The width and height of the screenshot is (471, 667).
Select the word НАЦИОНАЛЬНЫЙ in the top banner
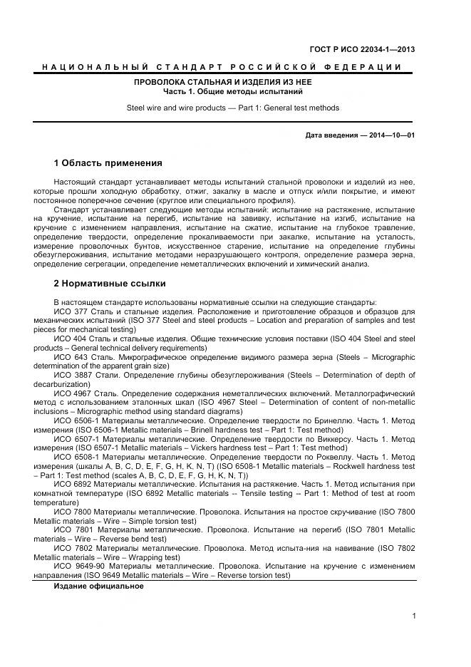click(95, 67)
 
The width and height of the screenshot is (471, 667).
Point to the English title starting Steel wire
click(233, 108)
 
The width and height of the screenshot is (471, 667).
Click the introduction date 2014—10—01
click(392, 135)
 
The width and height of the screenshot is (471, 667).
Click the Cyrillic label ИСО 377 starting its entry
click(69, 311)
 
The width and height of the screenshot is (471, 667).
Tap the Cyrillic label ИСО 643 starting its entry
click(69, 357)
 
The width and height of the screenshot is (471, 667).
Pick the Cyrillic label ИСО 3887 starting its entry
click(71, 375)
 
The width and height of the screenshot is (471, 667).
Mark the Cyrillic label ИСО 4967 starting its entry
click(71, 393)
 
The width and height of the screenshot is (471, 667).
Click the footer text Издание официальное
click(99, 586)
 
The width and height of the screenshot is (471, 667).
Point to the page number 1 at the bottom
click(413, 616)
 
